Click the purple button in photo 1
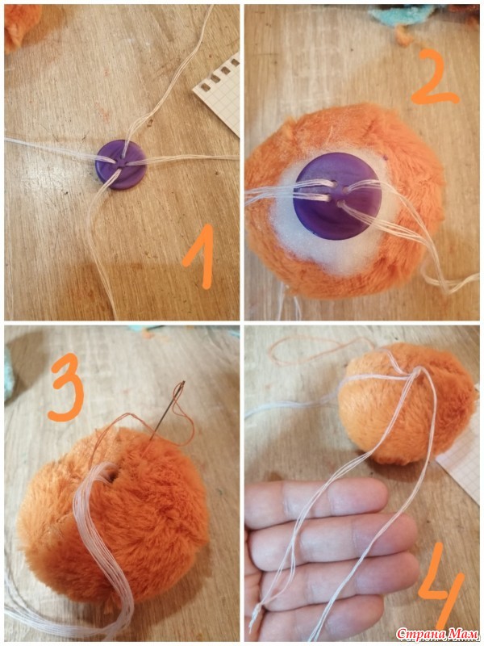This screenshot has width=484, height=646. tap(120, 164)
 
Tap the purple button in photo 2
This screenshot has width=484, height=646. tap(337, 196)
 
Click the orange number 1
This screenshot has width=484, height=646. tap(200, 256)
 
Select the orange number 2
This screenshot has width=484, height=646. tap(434, 77)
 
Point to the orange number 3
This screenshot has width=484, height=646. tap(66, 387)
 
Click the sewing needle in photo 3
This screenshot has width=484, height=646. tap(166, 411)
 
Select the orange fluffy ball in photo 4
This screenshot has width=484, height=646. tap(406, 404)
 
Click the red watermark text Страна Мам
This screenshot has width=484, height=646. tap(438, 633)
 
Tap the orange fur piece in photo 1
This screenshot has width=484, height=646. tap(21, 25)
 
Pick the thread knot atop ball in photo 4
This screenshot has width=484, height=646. tap(415, 372)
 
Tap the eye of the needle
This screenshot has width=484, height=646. tap(181, 386)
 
